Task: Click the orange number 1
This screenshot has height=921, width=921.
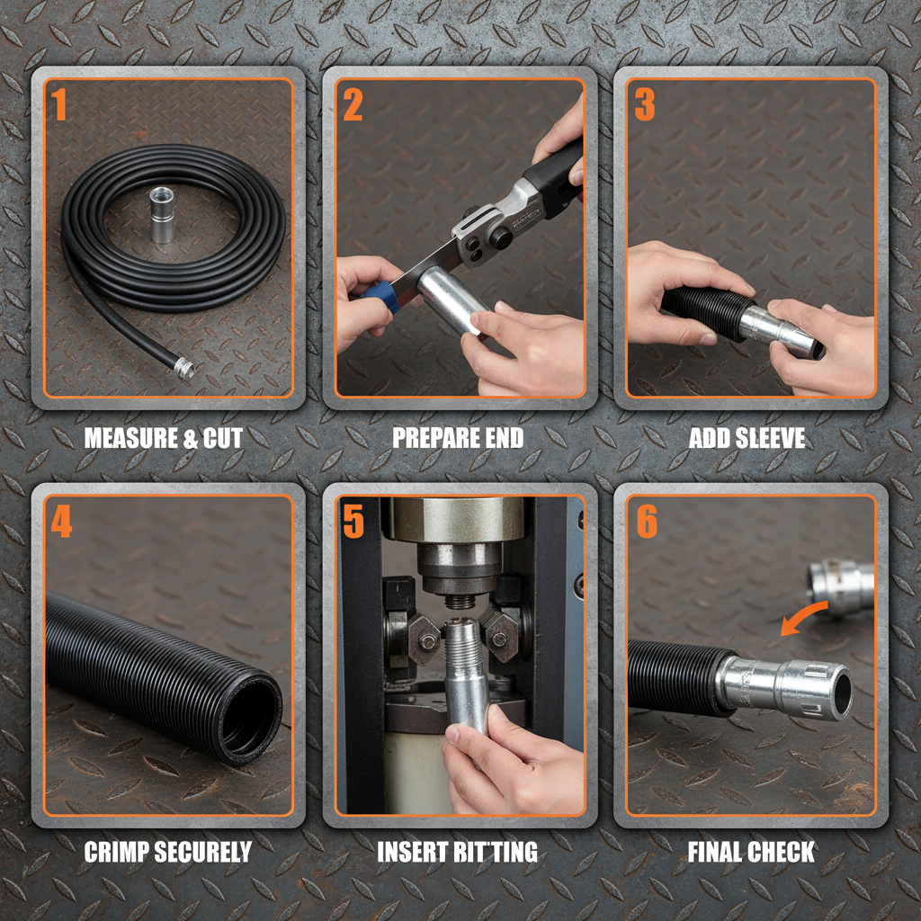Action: click(59, 105)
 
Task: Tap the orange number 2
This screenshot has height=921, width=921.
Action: click(353, 105)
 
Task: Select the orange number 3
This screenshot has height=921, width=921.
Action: click(644, 105)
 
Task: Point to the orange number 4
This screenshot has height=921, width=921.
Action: click(60, 523)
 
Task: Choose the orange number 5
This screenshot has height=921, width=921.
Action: click(353, 523)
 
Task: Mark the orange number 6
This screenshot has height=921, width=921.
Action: click(647, 523)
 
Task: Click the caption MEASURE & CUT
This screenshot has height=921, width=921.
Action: click(163, 439)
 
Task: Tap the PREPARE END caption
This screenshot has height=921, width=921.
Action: click(458, 439)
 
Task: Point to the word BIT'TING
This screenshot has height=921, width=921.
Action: click(496, 852)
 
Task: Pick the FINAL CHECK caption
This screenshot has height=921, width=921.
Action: click(751, 852)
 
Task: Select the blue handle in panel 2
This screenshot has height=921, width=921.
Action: click(380, 293)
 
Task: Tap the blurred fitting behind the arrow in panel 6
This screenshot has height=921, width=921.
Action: click(841, 586)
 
